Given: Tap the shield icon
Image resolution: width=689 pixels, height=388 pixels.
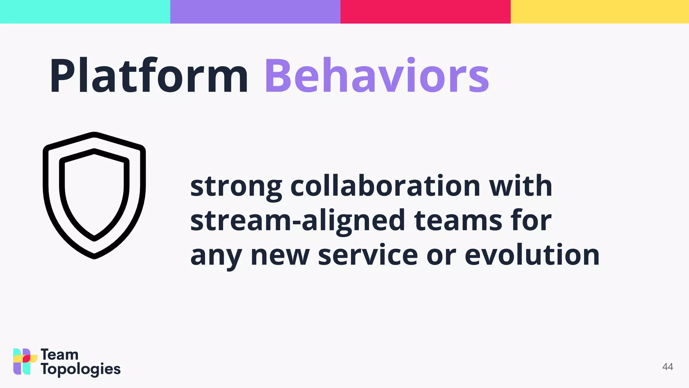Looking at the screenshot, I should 94,195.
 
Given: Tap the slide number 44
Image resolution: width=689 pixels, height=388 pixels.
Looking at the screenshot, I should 667,367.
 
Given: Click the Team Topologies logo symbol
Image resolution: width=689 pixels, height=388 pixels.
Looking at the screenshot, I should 25,361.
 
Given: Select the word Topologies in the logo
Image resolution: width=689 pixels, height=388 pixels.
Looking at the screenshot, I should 81,369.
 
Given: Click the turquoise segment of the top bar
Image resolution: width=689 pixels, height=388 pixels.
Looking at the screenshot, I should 85,11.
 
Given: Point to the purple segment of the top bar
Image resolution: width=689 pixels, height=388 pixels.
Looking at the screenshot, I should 255,11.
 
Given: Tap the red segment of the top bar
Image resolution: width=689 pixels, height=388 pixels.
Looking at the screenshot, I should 425,11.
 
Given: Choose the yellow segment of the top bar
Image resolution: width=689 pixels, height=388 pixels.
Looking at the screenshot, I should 600,11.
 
